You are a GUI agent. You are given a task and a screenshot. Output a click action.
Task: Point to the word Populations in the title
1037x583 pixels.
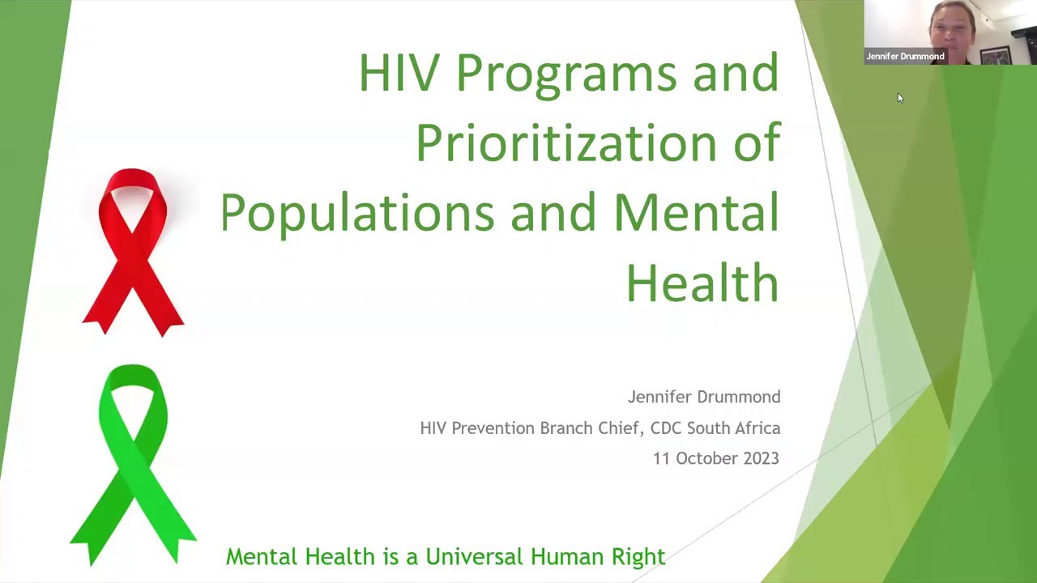[356, 213]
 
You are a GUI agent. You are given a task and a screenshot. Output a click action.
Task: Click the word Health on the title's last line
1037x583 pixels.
[702, 283]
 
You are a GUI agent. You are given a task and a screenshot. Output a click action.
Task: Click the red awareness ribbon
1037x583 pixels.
[133, 251]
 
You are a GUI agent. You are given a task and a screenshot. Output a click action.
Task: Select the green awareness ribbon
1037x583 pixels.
[133, 462]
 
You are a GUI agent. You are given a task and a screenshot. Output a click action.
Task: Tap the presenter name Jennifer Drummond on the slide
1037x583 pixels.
[703, 397]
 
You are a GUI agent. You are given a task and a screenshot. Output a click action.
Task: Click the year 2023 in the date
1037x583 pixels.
[757, 458]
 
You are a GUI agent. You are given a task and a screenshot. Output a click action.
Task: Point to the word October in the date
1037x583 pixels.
[701, 458]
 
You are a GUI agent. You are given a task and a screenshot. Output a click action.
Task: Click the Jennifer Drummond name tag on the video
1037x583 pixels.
[905, 57]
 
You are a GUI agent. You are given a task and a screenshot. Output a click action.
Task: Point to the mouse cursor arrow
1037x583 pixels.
[899, 98]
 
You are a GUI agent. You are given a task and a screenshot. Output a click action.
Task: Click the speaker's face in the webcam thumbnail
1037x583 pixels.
[954, 28]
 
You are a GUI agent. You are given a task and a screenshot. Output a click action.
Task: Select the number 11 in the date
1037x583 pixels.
[662, 458]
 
